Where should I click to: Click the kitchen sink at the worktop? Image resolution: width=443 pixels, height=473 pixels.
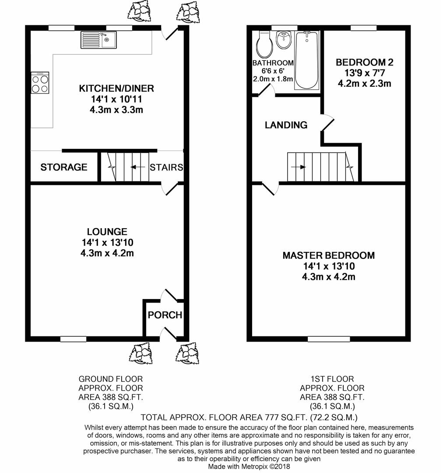[98, 40]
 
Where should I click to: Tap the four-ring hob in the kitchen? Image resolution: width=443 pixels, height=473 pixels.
[40, 83]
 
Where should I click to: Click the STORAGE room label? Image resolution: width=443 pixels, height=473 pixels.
[64, 167]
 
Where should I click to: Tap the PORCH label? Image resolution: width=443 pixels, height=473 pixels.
[165, 315]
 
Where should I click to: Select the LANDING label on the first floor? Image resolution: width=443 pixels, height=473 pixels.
[286, 125]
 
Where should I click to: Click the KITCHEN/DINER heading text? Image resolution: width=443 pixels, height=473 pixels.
[116, 89]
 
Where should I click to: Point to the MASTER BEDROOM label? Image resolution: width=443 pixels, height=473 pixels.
[328, 255]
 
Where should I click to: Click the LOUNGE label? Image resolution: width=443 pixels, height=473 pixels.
[107, 232]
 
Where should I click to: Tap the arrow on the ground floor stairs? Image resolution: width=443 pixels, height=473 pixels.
[139, 167]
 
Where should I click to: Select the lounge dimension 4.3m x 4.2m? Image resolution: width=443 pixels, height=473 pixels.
[107, 253]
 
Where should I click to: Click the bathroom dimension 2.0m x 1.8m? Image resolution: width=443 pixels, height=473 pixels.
[273, 79]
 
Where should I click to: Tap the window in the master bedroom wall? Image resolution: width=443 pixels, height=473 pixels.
[329, 339]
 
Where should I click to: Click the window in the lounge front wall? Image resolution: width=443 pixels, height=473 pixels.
[73, 339]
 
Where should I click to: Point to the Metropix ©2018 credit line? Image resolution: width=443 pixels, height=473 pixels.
[249, 467]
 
